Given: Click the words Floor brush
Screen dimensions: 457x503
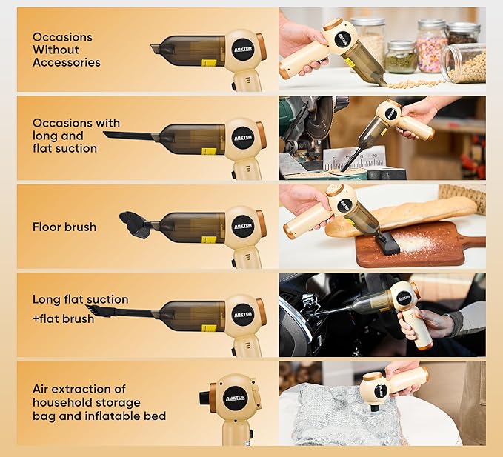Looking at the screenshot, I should [64, 227].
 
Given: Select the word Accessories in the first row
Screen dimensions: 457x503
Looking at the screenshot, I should [66, 63].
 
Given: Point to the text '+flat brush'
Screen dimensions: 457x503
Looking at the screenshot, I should [63, 318].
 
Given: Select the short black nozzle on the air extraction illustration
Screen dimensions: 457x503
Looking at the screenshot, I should [204, 398].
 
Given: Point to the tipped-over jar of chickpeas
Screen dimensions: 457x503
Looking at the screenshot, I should [464, 63].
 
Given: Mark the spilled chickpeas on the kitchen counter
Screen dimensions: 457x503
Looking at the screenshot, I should [415, 83].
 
